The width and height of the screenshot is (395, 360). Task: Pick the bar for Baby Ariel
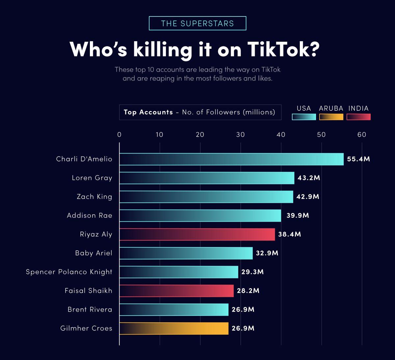186,253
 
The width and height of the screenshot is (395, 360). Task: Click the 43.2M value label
309,178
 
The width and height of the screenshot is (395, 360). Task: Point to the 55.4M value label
358,159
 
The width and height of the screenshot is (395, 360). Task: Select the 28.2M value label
248,291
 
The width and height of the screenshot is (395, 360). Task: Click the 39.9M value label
298,216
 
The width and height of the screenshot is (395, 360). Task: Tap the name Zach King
94,197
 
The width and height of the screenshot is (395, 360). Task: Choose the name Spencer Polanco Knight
69,272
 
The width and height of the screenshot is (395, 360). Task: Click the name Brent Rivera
90,310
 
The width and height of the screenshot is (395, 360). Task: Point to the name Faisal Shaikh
88,291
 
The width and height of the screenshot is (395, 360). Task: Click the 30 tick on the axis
241,134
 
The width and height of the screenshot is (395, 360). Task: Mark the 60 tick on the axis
362,134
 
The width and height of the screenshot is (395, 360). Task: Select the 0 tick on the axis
119,134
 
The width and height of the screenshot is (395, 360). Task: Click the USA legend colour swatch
304,117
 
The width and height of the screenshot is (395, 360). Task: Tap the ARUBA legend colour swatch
331,117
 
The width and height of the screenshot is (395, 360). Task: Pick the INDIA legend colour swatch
358,117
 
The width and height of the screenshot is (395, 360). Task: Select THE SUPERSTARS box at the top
197,23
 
